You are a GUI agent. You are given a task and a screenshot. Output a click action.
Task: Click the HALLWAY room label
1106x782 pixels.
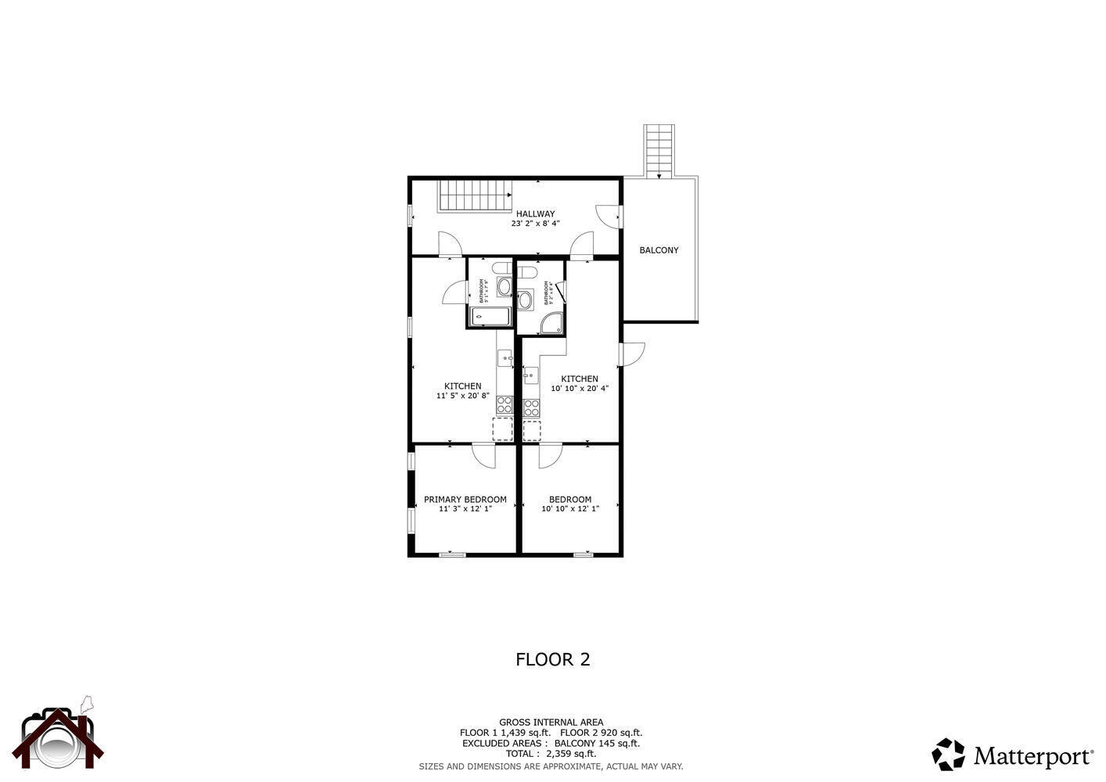pyautogui.click(x=535, y=213)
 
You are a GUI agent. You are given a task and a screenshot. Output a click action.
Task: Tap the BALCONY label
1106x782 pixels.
pyautogui.click(x=659, y=250)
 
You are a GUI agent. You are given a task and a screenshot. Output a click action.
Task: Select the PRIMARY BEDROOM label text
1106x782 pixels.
pyautogui.click(x=465, y=499)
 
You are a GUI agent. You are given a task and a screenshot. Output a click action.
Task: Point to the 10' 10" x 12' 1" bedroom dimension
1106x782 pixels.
pyautogui.click(x=570, y=509)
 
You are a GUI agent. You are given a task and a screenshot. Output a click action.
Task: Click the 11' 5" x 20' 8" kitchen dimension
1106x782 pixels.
pyautogui.click(x=462, y=396)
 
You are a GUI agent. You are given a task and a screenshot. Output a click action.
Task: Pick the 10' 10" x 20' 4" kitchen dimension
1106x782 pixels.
pyautogui.click(x=580, y=389)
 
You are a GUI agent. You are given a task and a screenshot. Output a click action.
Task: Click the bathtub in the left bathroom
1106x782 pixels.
pyautogui.click(x=490, y=317)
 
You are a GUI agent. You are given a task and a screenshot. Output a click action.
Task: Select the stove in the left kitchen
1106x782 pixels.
pyautogui.click(x=504, y=405)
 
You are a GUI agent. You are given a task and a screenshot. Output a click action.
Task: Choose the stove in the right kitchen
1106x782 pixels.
pyautogui.click(x=531, y=407)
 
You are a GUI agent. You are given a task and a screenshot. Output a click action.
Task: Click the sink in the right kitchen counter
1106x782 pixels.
pyautogui.click(x=531, y=376)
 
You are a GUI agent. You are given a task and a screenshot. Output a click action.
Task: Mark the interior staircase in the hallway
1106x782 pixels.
pyautogui.click(x=474, y=195)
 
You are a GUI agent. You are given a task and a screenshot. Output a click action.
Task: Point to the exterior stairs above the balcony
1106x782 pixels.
pyautogui.click(x=659, y=150)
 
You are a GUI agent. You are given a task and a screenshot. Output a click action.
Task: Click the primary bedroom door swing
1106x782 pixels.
pyautogui.click(x=484, y=455)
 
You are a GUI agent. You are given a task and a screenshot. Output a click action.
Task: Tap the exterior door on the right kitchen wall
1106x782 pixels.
pyautogui.click(x=630, y=353)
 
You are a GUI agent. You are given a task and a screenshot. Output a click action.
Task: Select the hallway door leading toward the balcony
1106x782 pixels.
pyautogui.click(x=609, y=216)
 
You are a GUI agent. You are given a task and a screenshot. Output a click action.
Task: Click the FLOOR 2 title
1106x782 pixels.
pyautogui.click(x=552, y=659)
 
